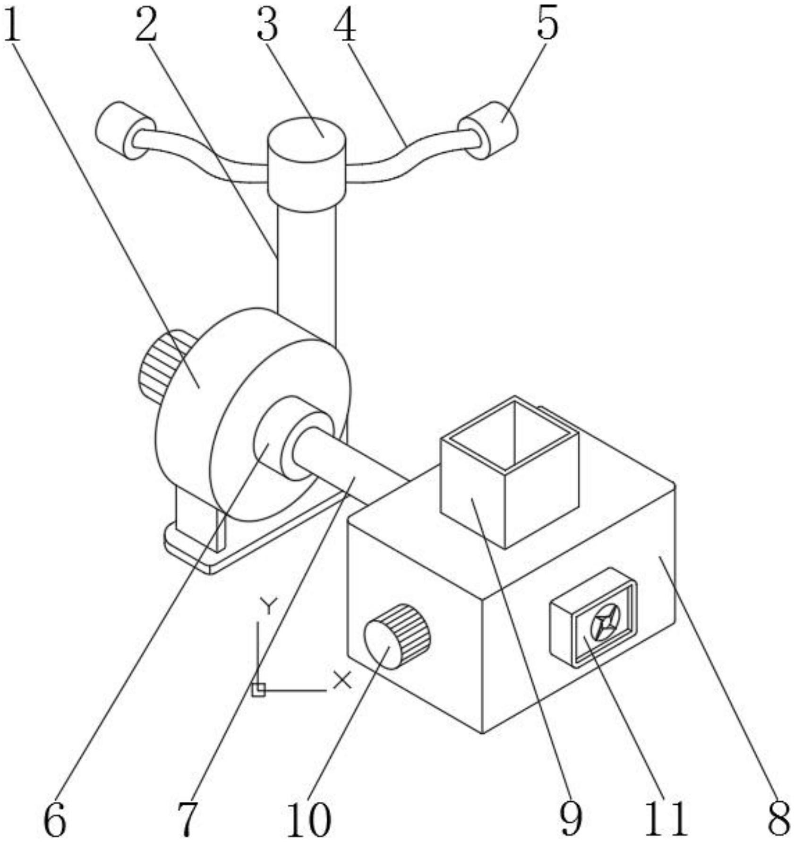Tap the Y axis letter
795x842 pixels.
[268, 606]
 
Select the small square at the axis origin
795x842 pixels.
[258, 690]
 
